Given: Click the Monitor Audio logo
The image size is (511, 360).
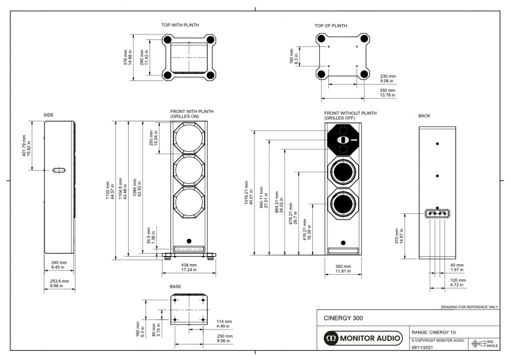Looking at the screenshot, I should click(362, 339).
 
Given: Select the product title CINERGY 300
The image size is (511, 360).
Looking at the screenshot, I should click(343, 318).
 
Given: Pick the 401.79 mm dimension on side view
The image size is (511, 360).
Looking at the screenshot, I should click(25, 145).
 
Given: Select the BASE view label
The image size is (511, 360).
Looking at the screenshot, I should click(176, 287).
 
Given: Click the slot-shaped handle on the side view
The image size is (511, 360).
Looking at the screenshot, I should click(59, 170).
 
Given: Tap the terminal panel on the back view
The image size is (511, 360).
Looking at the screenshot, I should click(437, 213).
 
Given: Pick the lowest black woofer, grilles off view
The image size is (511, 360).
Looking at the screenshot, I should click(343, 205).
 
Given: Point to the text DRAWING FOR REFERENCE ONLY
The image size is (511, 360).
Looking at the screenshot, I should click(469, 307).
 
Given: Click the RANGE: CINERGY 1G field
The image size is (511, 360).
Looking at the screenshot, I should click(434, 332).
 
